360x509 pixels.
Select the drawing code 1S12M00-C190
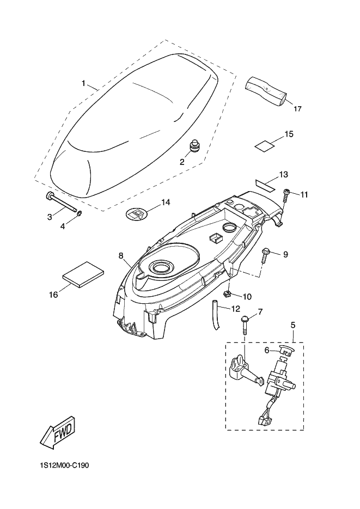tap(63, 465)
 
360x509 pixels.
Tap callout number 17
tap(298, 109)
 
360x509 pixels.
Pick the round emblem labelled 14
tap(136, 214)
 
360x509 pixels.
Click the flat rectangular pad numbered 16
tap(83, 274)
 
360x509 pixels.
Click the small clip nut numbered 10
tap(228, 294)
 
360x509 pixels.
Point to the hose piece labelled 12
tap(216, 315)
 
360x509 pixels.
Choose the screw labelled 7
tap(245, 323)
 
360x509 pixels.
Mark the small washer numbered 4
tap(80, 213)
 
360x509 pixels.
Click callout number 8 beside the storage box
tap(121, 256)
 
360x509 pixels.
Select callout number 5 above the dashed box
tap(293, 325)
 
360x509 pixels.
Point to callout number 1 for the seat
tap(83, 84)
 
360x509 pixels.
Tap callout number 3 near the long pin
tap(50, 217)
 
